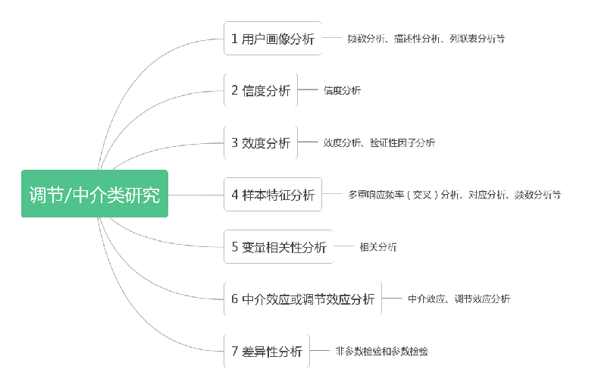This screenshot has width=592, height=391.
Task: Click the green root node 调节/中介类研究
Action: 95,194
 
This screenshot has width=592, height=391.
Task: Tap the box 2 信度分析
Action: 261,90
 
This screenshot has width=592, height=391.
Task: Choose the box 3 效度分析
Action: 261,142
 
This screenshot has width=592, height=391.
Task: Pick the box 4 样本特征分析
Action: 273,194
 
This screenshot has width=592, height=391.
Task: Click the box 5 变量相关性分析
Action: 278,247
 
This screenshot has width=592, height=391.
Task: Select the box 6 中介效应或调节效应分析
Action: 302,299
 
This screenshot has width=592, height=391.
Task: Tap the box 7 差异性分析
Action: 266,351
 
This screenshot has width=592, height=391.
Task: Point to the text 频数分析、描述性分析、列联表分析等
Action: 425,39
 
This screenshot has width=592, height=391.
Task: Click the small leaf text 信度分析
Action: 342,91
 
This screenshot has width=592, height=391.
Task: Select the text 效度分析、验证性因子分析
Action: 379,142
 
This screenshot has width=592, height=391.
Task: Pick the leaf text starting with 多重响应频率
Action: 454,195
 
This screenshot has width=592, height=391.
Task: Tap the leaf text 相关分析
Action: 377,247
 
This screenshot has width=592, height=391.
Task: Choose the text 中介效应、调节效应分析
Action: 459,299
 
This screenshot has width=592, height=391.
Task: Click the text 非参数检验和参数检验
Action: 381,351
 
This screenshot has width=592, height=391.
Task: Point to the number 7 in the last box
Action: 235,352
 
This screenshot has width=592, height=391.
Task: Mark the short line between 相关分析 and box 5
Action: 344,246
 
